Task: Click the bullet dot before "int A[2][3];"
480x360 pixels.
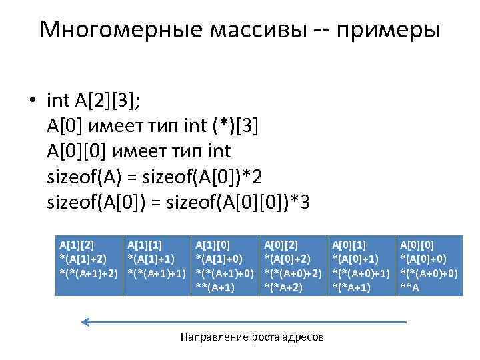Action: click(x=31, y=101)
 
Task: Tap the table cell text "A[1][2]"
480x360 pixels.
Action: click(x=76, y=246)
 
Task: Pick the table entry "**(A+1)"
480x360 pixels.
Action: click(x=215, y=287)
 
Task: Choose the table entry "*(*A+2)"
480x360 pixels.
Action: click(x=285, y=287)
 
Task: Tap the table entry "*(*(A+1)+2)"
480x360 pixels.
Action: click(x=89, y=273)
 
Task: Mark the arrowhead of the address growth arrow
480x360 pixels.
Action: click(x=85, y=323)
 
